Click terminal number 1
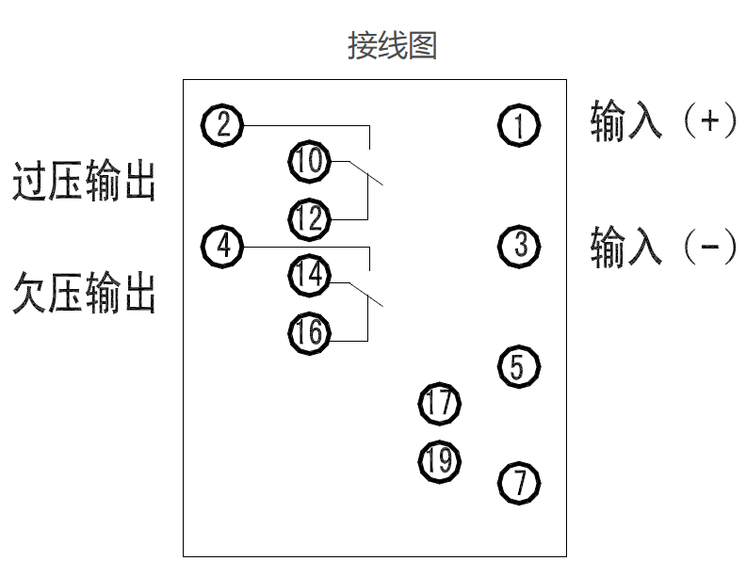tap(519, 125)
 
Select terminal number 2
tap(222, 124)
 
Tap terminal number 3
tap(519, 247)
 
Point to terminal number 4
tap(222, 247)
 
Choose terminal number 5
tap(518, 366)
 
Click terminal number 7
tap(518, 483)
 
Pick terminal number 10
tap(308, 162)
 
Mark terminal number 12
tap(308, 219)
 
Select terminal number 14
tap(308, 275)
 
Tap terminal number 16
tap(308, 332)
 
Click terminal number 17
tap(439, 405)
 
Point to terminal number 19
tap(439, 461)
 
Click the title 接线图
tap(392, 45)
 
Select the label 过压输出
tap(84, 181)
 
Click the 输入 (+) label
tap(661, 122)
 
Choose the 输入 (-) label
tap(661, 247)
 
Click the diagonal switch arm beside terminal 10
tap(366, 173)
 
